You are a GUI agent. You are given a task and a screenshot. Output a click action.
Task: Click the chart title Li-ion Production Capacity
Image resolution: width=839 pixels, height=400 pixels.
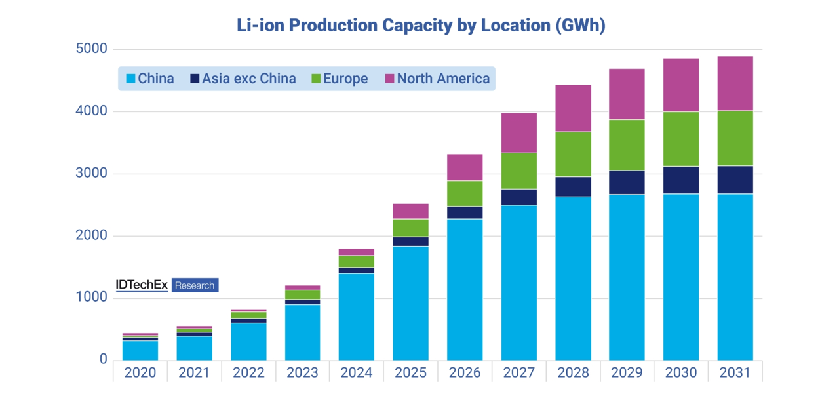(420, 26)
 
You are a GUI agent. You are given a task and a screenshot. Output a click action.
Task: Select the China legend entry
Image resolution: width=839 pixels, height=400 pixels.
(150, 79)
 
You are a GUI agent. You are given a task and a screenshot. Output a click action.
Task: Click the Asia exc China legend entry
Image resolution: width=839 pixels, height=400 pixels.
(243, 79)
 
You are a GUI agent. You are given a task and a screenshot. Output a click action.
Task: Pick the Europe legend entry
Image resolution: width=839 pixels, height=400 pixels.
(340, 79)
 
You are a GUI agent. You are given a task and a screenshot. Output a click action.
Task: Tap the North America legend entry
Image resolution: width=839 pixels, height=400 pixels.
(437, 79)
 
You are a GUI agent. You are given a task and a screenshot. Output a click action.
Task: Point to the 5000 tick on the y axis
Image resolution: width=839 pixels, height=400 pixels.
(92, 50)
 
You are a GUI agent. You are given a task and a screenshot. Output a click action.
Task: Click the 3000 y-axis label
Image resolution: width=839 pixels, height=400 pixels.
(92, 174)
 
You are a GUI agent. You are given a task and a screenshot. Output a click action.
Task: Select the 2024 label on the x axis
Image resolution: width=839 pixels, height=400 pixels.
(357, 372)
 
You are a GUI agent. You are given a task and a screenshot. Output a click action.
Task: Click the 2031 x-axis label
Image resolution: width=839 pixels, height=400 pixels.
(735, 372)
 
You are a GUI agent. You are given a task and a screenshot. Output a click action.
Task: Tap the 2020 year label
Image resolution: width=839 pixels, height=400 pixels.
(140, 372)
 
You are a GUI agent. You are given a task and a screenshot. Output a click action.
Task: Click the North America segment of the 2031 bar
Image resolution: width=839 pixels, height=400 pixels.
(735, 83)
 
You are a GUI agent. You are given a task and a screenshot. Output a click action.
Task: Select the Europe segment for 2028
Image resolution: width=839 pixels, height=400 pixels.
(573, 154)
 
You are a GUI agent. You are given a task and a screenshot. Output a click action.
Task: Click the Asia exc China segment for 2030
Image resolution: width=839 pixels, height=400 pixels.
(681, 180)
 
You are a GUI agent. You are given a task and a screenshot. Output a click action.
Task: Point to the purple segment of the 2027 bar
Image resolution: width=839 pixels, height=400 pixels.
(519, 132)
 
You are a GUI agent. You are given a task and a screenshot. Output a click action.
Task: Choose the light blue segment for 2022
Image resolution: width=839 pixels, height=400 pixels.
(248, 341)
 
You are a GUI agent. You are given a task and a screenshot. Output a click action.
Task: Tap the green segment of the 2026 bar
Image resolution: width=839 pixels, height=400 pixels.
(465, 193)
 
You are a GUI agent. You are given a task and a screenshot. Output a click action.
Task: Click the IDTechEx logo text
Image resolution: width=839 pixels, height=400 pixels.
(143, 285)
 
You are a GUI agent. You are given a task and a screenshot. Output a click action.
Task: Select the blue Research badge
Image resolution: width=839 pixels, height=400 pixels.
(195, 285)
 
